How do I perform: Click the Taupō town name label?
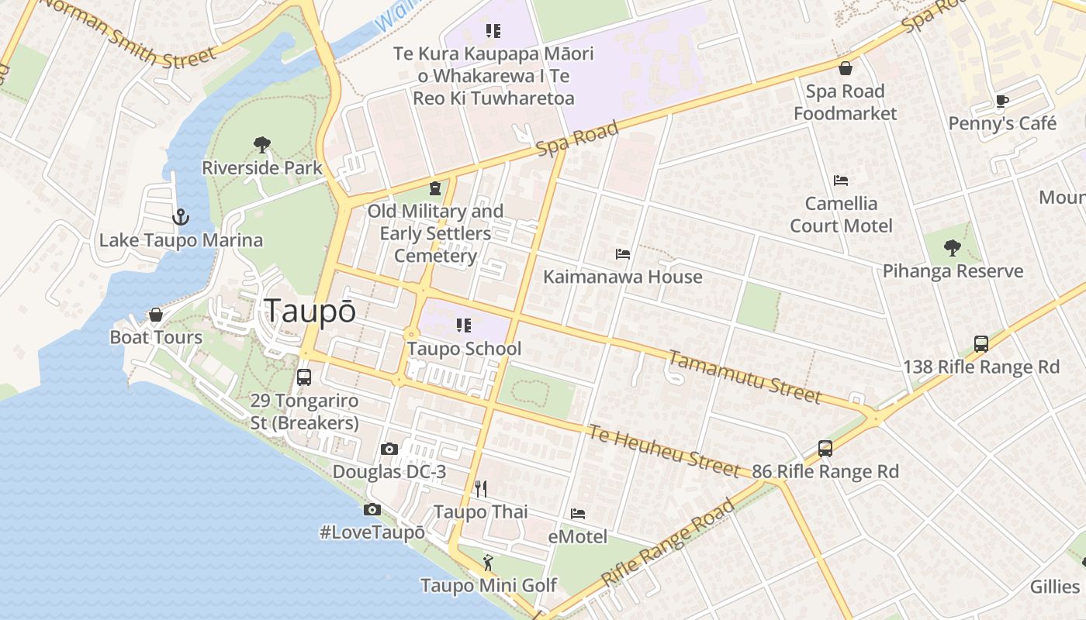pos(310,311)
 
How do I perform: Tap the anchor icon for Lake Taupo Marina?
pos(181,217)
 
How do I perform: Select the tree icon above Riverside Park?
pos(262,145)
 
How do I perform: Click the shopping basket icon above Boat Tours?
pos(156,315)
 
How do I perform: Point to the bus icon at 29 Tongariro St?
pos(304,377)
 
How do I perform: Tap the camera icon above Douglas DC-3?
pos(389,449)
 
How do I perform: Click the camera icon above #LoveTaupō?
pos(372,509)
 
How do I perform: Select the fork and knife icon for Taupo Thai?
pos(481,488)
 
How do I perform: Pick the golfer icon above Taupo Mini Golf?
pos(488,562)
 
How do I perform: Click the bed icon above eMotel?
pos(578,513)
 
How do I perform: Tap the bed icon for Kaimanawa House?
pos(623,253)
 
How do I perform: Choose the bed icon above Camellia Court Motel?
pos(841,181)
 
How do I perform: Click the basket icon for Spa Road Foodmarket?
pos(846,68)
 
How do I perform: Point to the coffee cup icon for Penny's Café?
pos(1002,101)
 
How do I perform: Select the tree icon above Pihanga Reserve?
pos(953,248)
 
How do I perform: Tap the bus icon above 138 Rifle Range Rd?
pos(981,344)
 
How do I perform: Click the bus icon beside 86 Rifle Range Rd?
pos(825,449)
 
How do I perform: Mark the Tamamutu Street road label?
pos(744,377)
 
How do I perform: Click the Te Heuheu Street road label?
pos(663,450)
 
